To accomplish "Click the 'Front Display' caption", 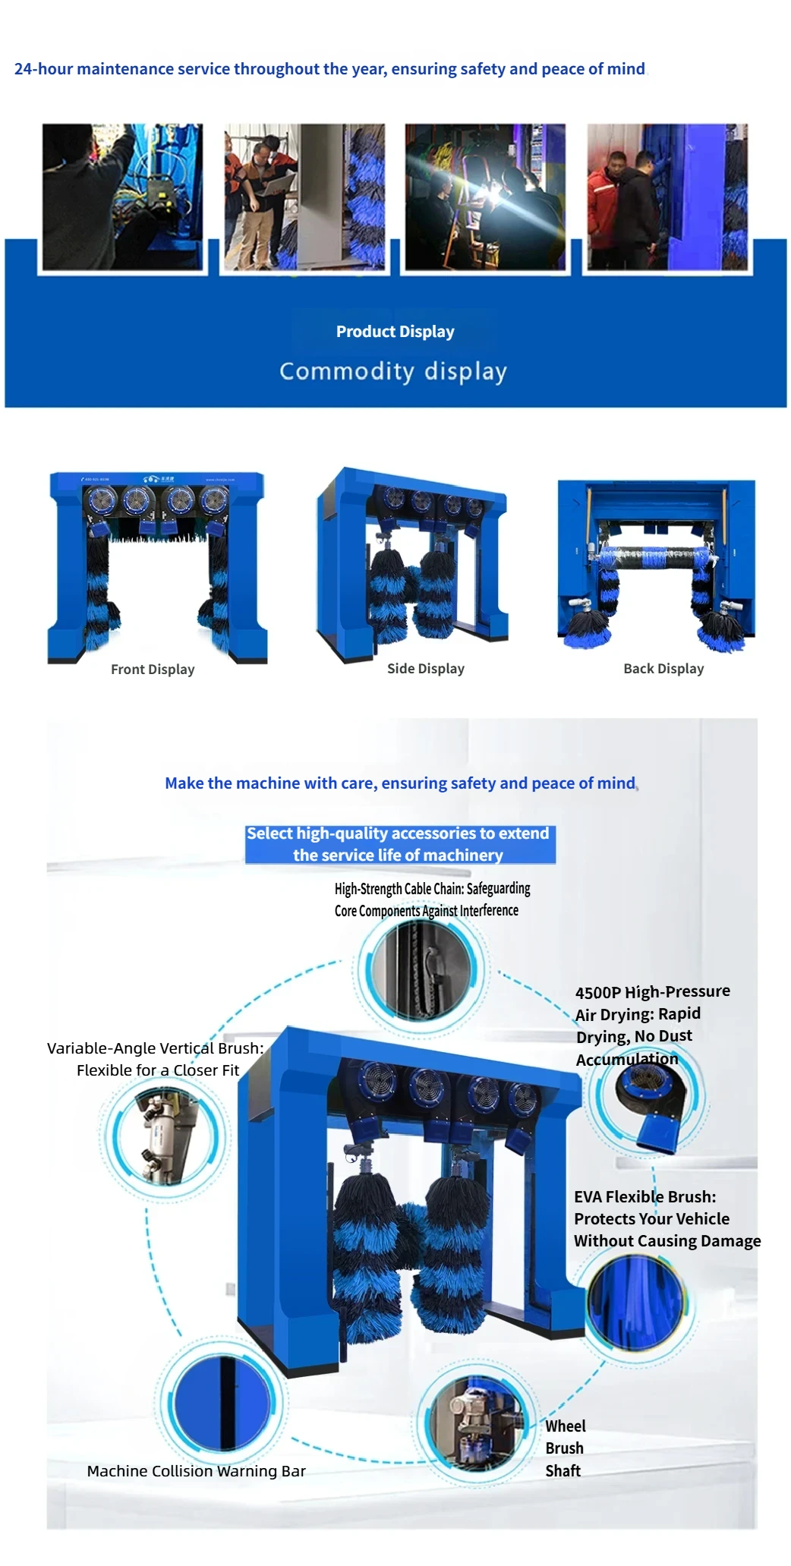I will (x=153, y=670).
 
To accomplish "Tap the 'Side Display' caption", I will (x=425, y=669).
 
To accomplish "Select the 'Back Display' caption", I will (x=663, y=669).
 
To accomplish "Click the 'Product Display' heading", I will (x=395, y=332).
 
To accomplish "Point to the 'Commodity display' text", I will (x=392, y=371).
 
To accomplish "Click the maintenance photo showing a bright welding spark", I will (x=485, y=197).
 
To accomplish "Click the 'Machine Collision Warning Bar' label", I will (x=196, y=1471).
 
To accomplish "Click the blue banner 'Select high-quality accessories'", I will (x=399, y=844).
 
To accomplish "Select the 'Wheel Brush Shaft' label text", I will (x=565, y=1448).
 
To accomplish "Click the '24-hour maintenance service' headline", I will (x=329, y=69).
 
